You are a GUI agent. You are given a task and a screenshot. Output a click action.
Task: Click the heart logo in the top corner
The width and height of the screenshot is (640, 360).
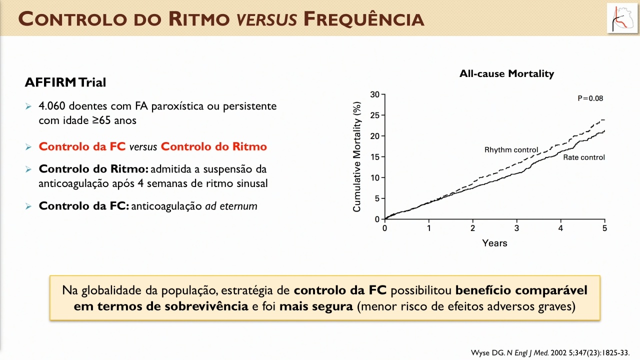pos(621,18)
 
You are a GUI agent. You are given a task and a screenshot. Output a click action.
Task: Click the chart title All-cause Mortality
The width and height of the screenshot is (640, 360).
pos(506,73)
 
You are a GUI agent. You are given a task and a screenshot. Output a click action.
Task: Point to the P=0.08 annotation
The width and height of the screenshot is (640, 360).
pos(590,98)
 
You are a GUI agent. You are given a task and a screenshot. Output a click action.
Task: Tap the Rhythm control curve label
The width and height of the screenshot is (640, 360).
pos(511,150)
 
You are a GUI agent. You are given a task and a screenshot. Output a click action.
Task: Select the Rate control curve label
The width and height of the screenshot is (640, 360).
pos(583,157)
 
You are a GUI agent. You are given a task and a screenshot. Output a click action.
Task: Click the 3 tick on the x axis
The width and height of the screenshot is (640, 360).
pos(516,228)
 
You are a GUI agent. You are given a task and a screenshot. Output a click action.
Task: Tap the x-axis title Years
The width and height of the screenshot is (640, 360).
pos(494,243)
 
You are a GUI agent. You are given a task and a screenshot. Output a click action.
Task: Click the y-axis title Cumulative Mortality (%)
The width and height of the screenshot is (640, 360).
pos(357,157)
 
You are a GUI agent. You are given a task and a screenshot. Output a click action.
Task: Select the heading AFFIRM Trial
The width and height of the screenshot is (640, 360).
pos(65,82)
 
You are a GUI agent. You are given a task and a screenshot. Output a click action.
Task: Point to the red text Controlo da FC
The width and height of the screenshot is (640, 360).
pos(82,146)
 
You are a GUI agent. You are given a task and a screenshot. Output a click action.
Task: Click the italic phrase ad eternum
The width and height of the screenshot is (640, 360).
pos(231,206)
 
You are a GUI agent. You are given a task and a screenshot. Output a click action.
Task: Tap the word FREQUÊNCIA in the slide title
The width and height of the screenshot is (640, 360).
pos(363,19)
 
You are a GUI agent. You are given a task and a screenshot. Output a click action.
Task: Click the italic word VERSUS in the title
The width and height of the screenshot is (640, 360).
pos(267,19)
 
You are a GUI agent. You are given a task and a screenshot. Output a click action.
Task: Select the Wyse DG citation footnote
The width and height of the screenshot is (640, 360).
pos(550,353)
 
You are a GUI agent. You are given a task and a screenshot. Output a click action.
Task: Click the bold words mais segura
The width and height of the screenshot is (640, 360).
pos(316,306)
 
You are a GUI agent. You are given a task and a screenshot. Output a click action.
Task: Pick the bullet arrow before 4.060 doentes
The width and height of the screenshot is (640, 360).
pos(28,106)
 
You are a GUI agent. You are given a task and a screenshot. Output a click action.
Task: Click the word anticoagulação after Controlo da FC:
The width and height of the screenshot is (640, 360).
pos(166,206)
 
